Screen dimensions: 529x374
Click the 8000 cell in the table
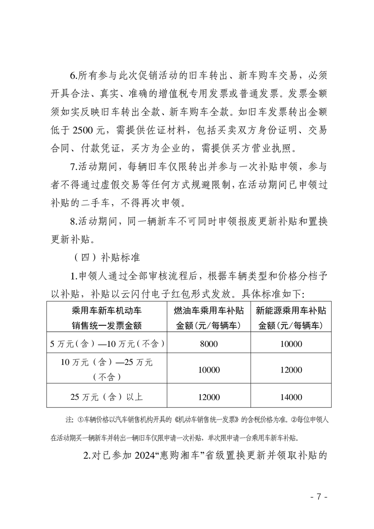209,344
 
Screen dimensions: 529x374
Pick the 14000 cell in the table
291,397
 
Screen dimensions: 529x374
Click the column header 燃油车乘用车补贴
209,311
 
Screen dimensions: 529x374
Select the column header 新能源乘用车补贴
291,311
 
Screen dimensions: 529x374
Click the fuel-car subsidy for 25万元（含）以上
209,397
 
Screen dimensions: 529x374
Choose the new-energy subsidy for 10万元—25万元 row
291,370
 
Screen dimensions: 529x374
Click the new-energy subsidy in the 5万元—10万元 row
291,344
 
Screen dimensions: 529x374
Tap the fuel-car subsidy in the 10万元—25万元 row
209,370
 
